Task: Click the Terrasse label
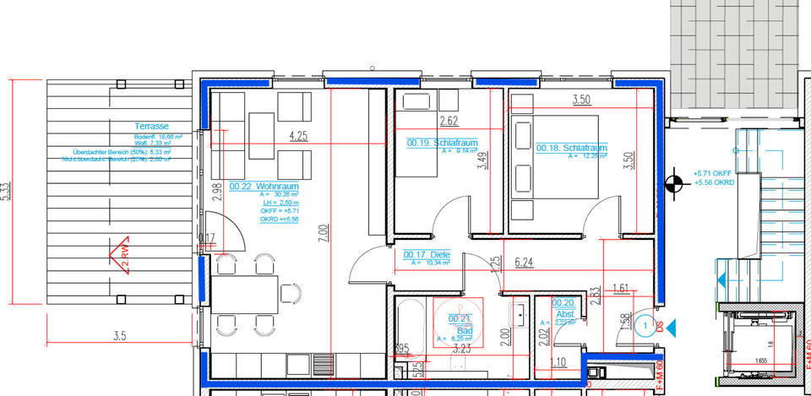click(152, 126)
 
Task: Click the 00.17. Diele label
click(426, 255)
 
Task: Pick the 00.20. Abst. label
click(563, 306)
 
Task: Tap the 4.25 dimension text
click(297, 135)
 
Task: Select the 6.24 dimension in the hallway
click(524, 263)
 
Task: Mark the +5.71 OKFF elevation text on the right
click(710, 173)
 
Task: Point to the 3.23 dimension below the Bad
click(461, 348)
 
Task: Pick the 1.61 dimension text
click(622, 288)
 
